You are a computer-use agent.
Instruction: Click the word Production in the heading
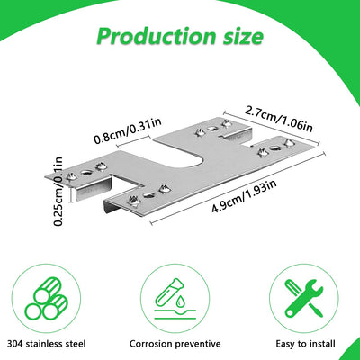click(157, 36)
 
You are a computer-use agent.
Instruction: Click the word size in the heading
click(243, 36)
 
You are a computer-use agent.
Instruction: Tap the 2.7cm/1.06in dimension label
click(279, 120)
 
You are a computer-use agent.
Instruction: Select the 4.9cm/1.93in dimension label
click(244, 197)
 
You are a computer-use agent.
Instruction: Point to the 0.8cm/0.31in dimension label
click(128, 130)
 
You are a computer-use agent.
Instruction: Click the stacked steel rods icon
click(47, 298)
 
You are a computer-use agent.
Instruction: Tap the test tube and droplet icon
click(175, 298)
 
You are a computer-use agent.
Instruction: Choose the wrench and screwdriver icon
click(304, 298)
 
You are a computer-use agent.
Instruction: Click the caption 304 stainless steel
click(47, 344)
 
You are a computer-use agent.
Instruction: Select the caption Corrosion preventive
click(175, 344)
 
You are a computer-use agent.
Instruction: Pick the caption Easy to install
click(305, 344)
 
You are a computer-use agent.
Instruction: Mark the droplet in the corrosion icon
click(180, 301)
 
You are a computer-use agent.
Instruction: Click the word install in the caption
click(320, 344)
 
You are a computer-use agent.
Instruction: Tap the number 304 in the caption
click(15, 344)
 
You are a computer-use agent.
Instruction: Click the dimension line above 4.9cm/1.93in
click(238, 188)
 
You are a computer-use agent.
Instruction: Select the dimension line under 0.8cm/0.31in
click(133, 141)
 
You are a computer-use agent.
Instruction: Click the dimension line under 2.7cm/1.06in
click(271, 128)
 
